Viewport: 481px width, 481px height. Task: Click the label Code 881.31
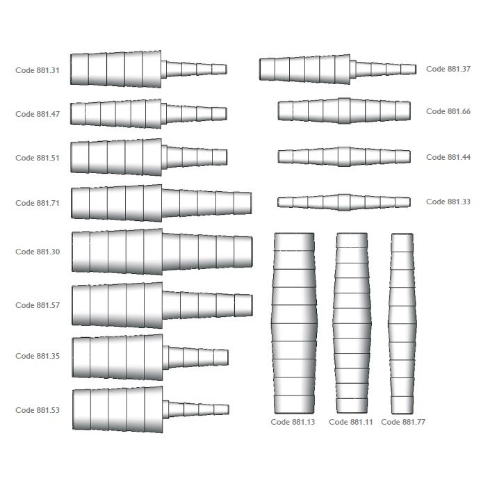pyautogui.click(x=38, y=70)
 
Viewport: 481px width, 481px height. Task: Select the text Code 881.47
pyautogui.click(x=38, y=114)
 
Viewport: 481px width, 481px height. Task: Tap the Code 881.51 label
pyautogui.click(x=38, y=158)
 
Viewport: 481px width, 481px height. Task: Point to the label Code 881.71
pyautogui.click(x=38, y=203)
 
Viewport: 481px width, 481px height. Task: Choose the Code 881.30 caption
pyautogui.click(x=38, y=252)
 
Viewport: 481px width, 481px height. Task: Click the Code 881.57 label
pyautogui.click(x=38, y=305)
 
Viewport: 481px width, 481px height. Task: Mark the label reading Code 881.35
pyautogui.click(x=38, y=356)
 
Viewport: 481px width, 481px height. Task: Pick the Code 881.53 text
pyautogui.click(x=38, y=410)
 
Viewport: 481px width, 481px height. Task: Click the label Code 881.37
pyautogui.click(x=448, y=69)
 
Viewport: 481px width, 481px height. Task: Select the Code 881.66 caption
pyautogui.click(x=448, y=111)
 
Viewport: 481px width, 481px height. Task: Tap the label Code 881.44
pyautogui.click(x=448, y=157)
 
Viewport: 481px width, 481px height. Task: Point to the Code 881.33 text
pyautogui.click(x=448, y=202)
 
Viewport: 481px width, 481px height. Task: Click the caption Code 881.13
pyautogui.click(x=293, y=422)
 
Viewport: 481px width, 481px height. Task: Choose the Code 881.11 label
pyautogui.click(x=350, y=422)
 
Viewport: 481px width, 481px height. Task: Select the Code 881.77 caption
pyautogui.click(x=403, y=422)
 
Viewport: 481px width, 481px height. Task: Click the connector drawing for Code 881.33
pyautogui.click(x=344, y=202)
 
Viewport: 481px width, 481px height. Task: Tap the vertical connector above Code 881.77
pyautogui.click(x=402, y=324)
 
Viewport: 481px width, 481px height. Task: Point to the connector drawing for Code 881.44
pyautogui.click(x=344, y=156)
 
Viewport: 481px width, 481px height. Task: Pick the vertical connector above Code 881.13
pyautogui.click(x=294, y=323)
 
